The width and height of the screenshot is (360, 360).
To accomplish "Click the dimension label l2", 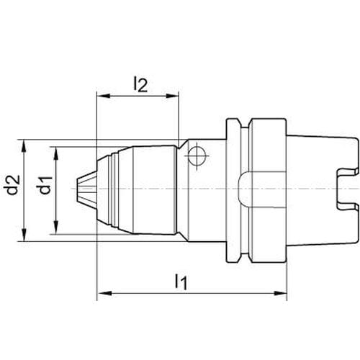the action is [x=140, y=84].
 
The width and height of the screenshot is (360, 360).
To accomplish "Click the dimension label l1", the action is [x=181, y=282].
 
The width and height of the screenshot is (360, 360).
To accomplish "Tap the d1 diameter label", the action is [x=45, y=185].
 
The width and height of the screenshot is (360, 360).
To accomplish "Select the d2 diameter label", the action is [x=13, y=185].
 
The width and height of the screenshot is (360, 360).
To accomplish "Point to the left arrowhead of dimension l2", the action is [x=103, y=96].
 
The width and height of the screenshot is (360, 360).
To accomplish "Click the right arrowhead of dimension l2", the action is [x=172, y=96].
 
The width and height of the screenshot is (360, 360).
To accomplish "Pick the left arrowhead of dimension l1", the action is [x=105, y=293].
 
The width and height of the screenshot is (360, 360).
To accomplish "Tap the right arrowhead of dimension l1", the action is [x=280, y=293].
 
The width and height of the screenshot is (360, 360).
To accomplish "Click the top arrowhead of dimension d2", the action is [x=24, y=146].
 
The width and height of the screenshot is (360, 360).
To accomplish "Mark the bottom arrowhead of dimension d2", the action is [x=24, y=235].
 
